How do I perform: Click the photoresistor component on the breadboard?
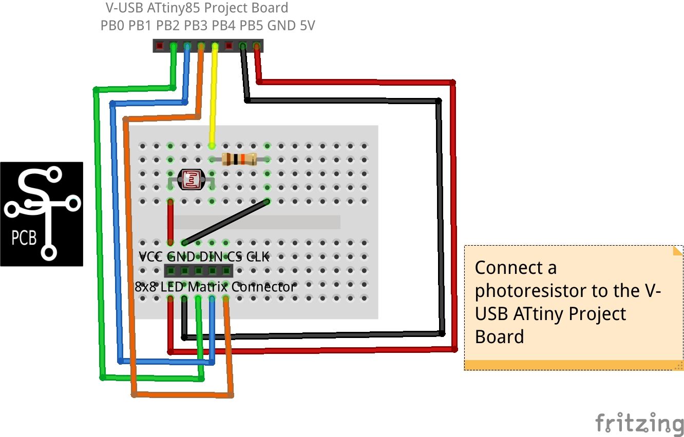coord(191,180)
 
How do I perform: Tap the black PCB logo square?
coord(42,214)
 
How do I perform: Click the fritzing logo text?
coord(639,423)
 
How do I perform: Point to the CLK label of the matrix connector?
coord(258,256)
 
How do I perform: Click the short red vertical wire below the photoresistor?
coord(170,222)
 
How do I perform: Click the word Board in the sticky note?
coord(499,337)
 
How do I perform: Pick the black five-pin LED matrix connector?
coord(198,270)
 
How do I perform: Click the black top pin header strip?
coord(208,46)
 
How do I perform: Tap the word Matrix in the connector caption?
coord(208,287)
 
